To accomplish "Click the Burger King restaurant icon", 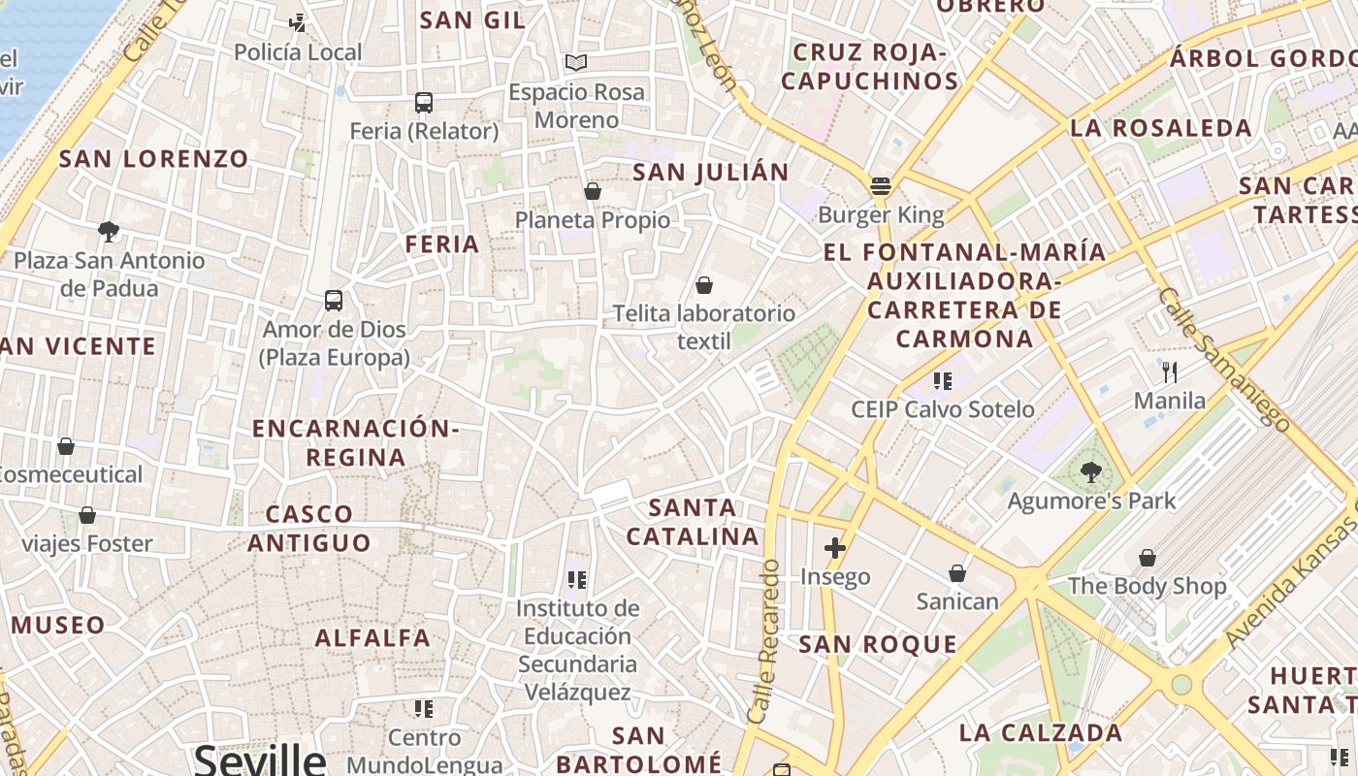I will click(x=881, y=185).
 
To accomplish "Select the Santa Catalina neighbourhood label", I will click(x=693, y=522).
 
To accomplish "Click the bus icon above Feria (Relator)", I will click(x=424, y=102).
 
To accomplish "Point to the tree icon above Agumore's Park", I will click(x=1091, y=472).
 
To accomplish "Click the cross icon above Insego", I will click(x=835, y=548).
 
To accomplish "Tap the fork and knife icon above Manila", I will click(x=1170, y=372).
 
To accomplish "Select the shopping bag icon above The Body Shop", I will click(x=1148, y=558).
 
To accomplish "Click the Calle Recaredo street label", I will click(x=764, y=640).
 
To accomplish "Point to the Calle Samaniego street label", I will click(x=1223, y=359).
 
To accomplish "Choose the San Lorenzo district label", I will click(x=154, y=159).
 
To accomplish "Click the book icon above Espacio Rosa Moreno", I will click(x=576, y=63).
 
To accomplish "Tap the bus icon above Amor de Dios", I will click(x=334, y=301).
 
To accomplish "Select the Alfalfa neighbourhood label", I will click(x=372, y=637).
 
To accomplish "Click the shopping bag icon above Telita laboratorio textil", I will click(x=704, y=285).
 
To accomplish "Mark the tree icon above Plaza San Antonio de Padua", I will click(x=109, y=231).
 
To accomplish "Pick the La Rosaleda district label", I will click(x=1161, y=128).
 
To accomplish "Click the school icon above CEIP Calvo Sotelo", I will click(x=942, y=380).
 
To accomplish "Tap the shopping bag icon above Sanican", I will click(x=957, y=573).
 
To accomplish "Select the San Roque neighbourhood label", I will click(x=878, y=644).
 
